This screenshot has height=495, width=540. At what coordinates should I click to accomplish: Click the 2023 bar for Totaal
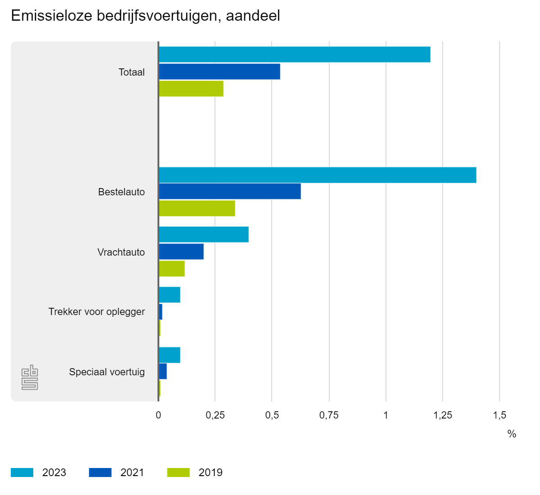[295, 54]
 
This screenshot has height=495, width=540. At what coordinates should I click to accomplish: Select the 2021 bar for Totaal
[220, 72]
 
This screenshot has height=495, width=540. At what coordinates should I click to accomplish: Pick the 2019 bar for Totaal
[191, 89]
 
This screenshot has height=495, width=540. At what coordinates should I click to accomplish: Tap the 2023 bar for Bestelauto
[318, 175]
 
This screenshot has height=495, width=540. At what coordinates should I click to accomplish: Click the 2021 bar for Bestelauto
[230, 191]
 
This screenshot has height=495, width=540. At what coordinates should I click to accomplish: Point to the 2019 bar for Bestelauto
[197, 208]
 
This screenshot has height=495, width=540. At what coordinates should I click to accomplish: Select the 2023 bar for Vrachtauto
[204, 234]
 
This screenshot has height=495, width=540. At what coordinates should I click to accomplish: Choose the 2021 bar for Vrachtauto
[181, 252]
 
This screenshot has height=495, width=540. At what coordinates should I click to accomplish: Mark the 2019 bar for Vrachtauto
[172, 269]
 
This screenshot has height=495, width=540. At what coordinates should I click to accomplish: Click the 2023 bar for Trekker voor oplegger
[170, 295]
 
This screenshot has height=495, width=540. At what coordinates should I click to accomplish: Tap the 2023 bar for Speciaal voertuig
[170, 355]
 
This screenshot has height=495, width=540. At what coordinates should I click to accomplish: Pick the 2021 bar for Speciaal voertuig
[163, 371]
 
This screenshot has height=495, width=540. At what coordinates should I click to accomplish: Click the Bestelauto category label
[121, 192]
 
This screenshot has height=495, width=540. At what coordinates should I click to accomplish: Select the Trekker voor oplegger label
[97, 312]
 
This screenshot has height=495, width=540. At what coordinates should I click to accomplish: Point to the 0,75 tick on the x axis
[329, 415]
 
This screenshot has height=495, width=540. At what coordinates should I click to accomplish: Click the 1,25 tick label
[443, 415]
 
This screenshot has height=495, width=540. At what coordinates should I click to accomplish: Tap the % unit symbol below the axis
[512, 434]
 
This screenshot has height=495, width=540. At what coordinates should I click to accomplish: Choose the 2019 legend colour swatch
[178, 472]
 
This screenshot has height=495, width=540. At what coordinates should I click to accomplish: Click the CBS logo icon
[30, 377]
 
